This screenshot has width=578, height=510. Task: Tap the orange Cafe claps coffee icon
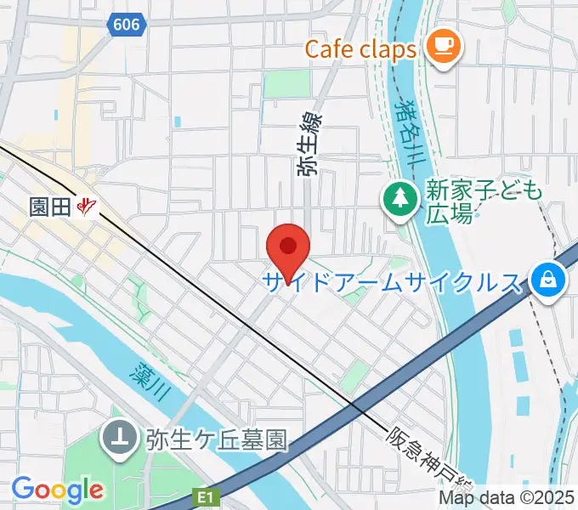tap(442, 45)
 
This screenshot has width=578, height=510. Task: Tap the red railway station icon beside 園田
tap(87, 207)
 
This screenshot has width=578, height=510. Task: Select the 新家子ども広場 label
tap(484, 202)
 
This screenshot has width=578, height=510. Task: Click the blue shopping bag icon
tap(547, 280)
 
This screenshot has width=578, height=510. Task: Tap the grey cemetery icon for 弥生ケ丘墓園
tap(119, 439)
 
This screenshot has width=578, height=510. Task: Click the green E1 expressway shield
tap(205, 494)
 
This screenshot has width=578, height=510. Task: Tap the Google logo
tap(57, 490)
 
